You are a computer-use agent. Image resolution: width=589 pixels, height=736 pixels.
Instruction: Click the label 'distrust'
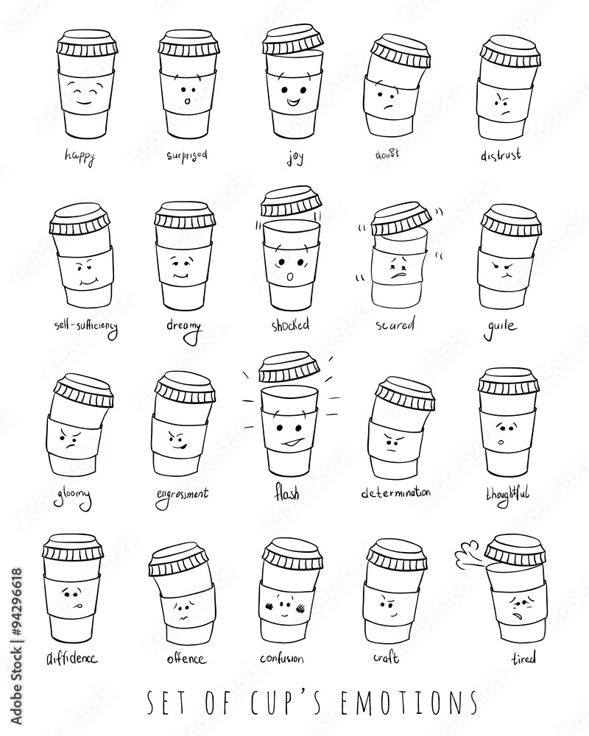(501, 155)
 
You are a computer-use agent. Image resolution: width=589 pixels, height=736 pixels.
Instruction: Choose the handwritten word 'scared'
(395, 323)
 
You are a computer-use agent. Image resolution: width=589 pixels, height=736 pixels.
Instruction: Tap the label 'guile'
(500, 325)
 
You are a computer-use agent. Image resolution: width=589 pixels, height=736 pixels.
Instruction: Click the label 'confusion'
(282, 657)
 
